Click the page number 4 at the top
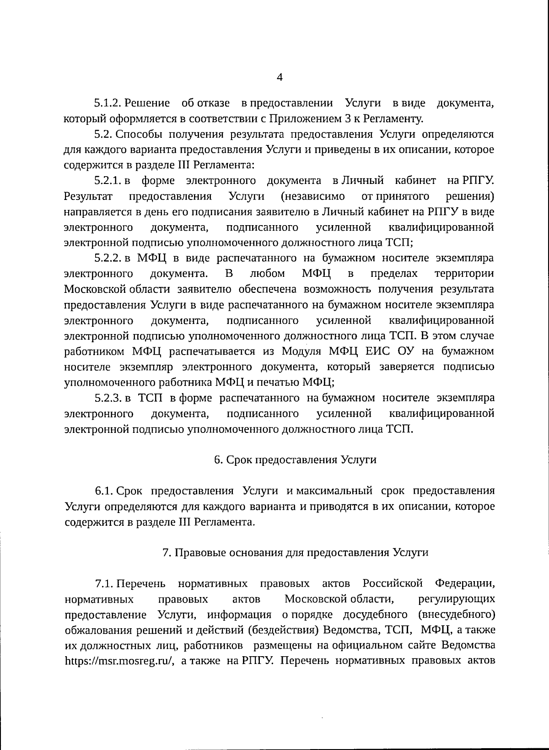click(280, 77)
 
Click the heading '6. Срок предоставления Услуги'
click(295, 460)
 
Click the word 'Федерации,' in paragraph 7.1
click(464, 584)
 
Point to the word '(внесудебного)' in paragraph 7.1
click(457, 615)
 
